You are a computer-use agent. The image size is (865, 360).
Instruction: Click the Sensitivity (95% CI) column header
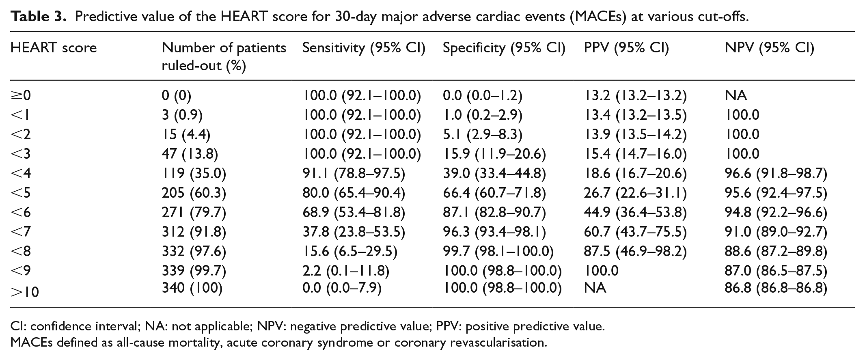pyautogui.click(x=364, y=48)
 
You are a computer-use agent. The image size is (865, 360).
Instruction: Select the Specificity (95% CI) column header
pyautogui.click(x=504, y=48)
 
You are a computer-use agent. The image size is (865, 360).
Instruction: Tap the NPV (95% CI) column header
pyautogui.click(x=770, y=48)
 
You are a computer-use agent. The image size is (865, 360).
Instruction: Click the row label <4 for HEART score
pyautogui.click(x=21, y=173)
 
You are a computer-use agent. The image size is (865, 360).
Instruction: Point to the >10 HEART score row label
pyautogui.click(x=25, y=291)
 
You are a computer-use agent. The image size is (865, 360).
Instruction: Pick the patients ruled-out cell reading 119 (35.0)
pyautogui.click(x=194, y=173)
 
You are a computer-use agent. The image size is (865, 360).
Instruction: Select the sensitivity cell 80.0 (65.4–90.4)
pyautogui.click(x=354, y=193)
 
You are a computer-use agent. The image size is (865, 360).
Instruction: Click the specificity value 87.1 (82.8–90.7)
pyautogui.click(x=494, y=212)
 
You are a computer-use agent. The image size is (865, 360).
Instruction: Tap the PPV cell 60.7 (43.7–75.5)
pyautogui.click(x=635, y=232)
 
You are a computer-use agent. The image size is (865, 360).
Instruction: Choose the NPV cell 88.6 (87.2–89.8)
pyautogui.click(x=776, y=251)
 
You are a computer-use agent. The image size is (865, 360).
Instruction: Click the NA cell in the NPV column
pyautogui.click(x=736, y=95)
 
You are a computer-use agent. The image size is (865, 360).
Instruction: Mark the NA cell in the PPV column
pyautogui.click(x=595, y=288)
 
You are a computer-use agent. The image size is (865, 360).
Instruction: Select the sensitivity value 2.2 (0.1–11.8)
pyautogui.click(x=346, y=271)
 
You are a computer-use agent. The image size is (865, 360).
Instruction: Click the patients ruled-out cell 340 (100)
pyautogui.click(x=192, y=288)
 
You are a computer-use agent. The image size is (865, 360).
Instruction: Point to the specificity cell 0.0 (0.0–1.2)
pyautogui.click(x=483, y=95)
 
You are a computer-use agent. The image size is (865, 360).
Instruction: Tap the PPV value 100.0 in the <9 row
pyautogui.click(x=601, y=271)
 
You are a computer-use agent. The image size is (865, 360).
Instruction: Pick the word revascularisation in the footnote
pyautogui.click(x=498, y=343)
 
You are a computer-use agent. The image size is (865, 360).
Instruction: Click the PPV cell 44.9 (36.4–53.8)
pyautogui.click(x=635, y=212)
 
